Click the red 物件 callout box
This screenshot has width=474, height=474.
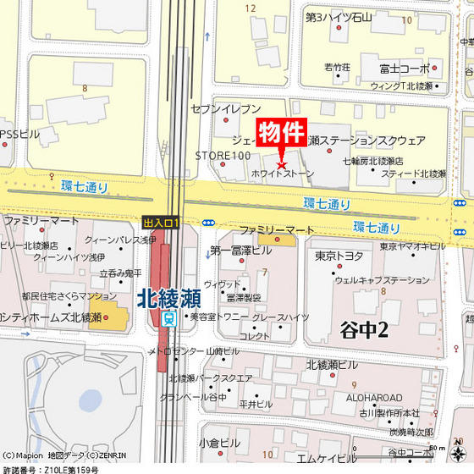[x=280, y=133]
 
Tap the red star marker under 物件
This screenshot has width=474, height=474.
[x=283, y=163]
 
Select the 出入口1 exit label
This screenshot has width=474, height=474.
[x=162, y=222]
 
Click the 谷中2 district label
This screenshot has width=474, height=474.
[x=364, y=330]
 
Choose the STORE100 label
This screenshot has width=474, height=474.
[x=223, y=156]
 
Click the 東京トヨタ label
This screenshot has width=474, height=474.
[x=339, y=255]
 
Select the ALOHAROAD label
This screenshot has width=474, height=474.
[x=375, y=398]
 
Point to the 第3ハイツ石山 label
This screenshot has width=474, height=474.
[x=339, y=17]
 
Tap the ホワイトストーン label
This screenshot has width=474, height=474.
[x=283, y=174]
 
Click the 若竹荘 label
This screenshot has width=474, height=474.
[x=337, y=66]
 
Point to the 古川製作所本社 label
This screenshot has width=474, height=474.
[x=388, y=413]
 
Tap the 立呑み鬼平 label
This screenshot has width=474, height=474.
[x=121, y=273]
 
